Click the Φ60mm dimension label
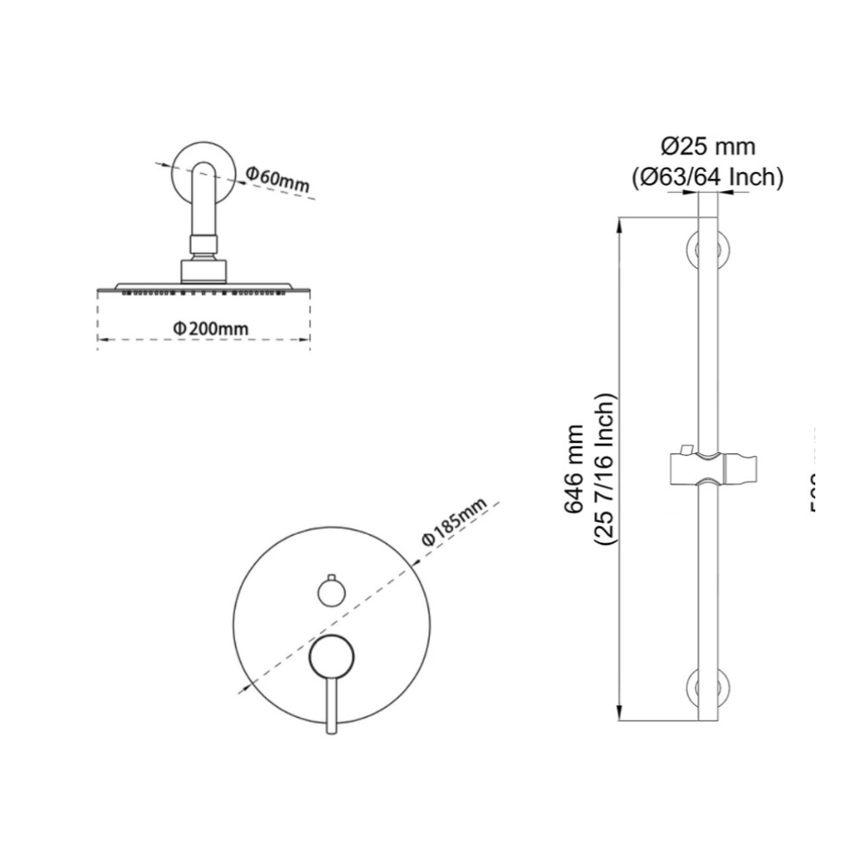pyautogui.click(x=277, y=179)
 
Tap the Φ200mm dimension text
pyautogui.click(x=209, y=329)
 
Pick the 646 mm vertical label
pyautogui.click(x=573, y=470)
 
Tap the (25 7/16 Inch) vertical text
pyautogui.click(x=605, y=470)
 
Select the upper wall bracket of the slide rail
pyautogui.click(x=708, y=252)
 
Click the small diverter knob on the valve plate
pyautogui.click(x=329, y=592)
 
